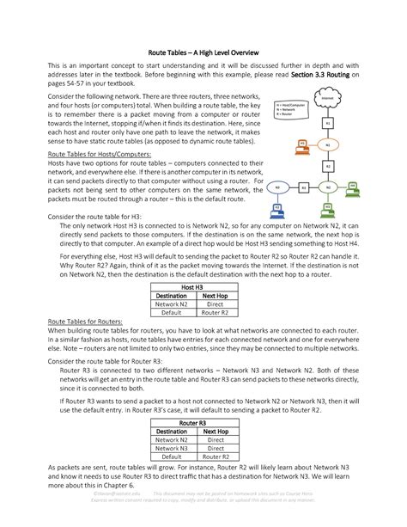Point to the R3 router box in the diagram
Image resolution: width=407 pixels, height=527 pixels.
pyautogui.click(x=303, y=186)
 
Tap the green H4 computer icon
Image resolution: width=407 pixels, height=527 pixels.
pyautogui.click(x=355, y=186)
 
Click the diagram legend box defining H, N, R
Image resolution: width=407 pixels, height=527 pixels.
pyautogui.click(x=290, y=109)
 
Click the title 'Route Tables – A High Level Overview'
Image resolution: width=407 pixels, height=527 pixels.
pyautogui.click(x=203, y=52)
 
